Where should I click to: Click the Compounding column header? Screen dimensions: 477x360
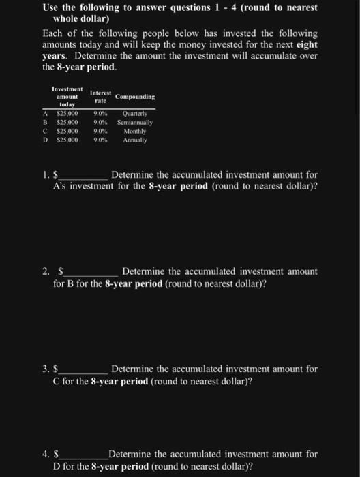135,97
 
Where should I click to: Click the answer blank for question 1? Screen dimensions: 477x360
83,176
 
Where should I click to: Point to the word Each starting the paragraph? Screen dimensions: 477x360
53,33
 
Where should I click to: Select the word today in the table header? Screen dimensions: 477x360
67,104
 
